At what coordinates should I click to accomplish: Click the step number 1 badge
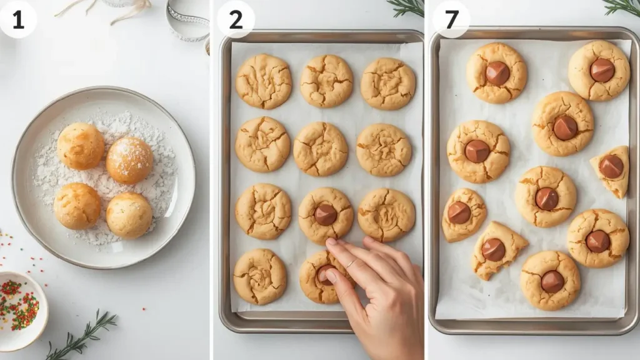point(17,19)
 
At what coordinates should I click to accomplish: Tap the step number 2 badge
point(236,19)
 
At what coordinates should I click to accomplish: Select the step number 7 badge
point(451,19)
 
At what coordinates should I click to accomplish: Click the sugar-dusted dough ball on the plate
point(129,160)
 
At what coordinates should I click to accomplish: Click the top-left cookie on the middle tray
point(263,81)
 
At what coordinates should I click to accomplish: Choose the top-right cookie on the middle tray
point(387,83)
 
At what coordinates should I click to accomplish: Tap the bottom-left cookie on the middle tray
point(260,277)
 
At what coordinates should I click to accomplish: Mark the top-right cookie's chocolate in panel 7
point(602,70)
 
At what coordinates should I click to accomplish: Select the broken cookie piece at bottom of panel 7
point(497,250)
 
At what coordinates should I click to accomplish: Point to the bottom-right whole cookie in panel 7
point(551,281)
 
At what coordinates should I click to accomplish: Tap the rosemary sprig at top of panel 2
point(407,7)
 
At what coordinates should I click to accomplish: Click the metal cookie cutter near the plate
point(188,22)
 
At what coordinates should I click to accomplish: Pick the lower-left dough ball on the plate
point(77,206)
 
